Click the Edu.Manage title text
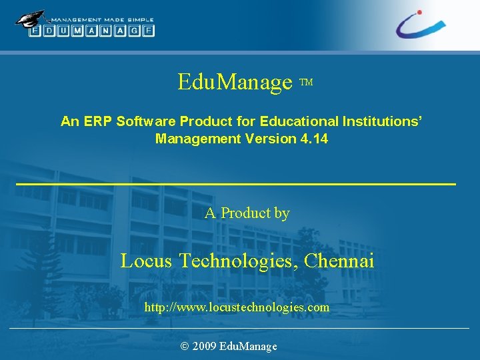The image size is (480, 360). click(x=235, y=83)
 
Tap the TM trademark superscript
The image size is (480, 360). click(x=306, y=83)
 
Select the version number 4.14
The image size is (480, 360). click(x=313, y=139)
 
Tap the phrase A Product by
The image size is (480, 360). click(x=247, y=213)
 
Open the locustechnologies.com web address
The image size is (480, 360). click(x=237, y=307)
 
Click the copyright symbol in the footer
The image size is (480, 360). click(x=185, y=346)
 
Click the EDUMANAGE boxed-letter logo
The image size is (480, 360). click(x=92, y=31)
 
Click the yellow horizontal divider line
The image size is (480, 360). click(x=235, y=183)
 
